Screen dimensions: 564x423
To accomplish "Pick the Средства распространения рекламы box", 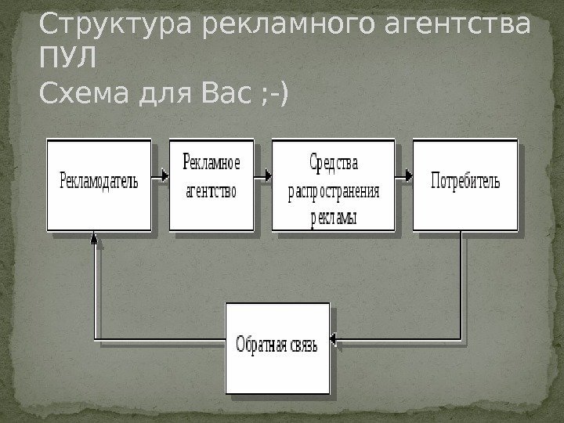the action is (x=333, y=186).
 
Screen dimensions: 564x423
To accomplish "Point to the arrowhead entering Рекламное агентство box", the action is (x=164, y=177).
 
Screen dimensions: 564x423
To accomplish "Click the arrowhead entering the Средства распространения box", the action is (x=267, y=177).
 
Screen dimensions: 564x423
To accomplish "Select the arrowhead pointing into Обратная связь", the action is (x=334, y=340).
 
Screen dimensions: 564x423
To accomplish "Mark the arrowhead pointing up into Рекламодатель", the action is (x=94, y=236).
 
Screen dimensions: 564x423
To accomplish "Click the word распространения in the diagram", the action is (x=334, y=193).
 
